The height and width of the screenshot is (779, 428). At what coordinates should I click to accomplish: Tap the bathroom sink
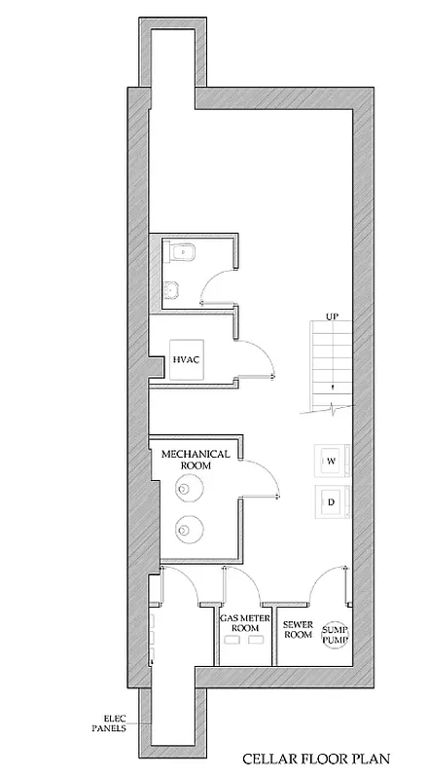coord(173,289)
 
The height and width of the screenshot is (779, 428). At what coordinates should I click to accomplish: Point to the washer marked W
coord(331,460)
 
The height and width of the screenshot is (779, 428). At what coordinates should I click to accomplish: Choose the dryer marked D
coord(331,502)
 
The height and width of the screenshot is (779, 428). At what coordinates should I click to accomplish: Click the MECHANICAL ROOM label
coord(195,460)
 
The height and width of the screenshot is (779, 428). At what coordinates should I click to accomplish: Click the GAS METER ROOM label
coord(244,624)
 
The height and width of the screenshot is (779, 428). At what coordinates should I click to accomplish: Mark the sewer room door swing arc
coord(323,585)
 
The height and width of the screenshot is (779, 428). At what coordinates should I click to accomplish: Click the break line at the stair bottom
coord(329,406)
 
